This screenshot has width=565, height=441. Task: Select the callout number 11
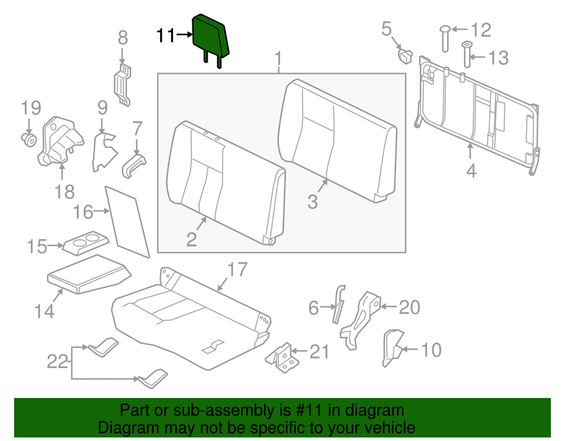click(x=165, y=36)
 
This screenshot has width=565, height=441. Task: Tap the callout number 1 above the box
click(x=278, y=59)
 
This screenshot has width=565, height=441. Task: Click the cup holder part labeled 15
click(x=86, y=243)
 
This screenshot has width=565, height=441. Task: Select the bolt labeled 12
click(x=446, y=39)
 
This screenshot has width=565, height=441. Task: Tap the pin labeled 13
click(x=467, y=55)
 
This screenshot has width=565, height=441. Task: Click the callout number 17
click(x=237, y=270)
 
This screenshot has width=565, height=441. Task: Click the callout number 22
click(x=58, y=361)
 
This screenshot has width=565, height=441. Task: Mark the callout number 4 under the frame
click(x=471, y=171)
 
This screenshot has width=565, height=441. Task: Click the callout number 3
click(x=313, y=202)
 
